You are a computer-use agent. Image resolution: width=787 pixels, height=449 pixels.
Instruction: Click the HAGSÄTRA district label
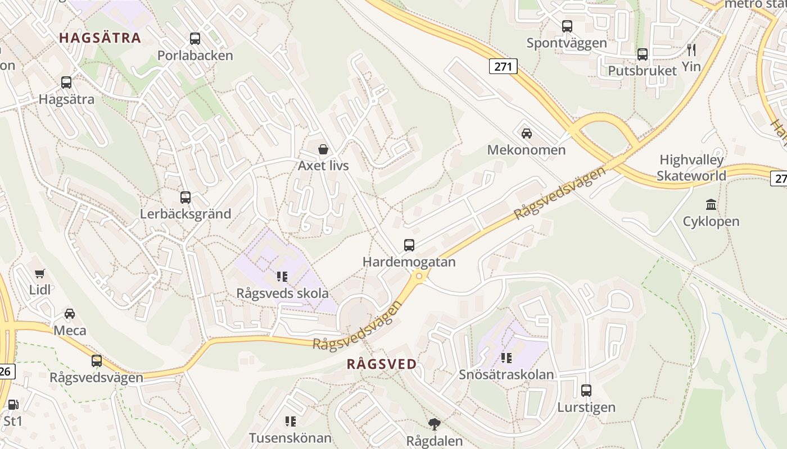click(99, 38)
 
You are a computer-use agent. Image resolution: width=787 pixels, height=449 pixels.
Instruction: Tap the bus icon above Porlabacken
click(195, 39)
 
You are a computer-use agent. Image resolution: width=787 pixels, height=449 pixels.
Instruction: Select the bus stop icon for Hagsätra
click(66, 83)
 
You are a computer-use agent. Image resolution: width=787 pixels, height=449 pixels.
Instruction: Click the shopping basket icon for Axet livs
click(323, 149)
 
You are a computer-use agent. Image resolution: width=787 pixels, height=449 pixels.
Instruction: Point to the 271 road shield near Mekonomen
click(503, 66)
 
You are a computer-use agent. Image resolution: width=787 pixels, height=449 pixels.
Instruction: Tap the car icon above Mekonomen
click(526, 134)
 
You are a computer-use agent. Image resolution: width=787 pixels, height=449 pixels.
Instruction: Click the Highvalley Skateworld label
click(692, 168)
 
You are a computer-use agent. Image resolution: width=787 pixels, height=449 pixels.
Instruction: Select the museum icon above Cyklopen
click(711, 204)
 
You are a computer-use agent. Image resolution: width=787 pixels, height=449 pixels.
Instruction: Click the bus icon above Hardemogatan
click(409, 245)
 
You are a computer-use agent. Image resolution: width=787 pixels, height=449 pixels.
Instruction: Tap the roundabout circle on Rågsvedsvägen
click(419, 276)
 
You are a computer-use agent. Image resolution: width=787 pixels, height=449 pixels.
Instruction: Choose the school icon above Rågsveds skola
click(282, 276)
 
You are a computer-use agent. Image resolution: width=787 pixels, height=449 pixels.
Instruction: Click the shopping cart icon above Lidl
click(39, 273)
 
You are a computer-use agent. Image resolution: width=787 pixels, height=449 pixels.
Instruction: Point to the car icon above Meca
click(70, 313)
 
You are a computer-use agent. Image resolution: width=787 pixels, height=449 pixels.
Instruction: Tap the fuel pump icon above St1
click(12, 404)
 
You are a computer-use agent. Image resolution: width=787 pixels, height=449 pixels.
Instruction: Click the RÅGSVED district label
click(382, 364)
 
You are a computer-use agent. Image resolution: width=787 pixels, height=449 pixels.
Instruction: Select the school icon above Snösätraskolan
click(506, 358)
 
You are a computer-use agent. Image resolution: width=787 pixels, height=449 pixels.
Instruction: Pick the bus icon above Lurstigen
click(586, 391)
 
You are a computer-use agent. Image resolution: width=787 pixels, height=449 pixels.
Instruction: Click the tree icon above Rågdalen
click(434, 424)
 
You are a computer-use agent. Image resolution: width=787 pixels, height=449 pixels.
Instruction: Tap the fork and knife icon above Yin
click(691, 49)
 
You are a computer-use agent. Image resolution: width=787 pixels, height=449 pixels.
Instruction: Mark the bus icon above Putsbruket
click(643, 54)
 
